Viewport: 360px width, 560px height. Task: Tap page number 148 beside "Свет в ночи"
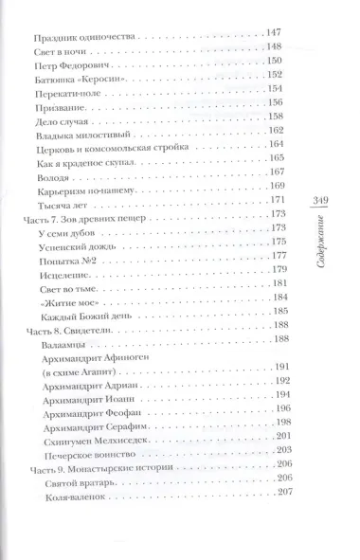point(276,55)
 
